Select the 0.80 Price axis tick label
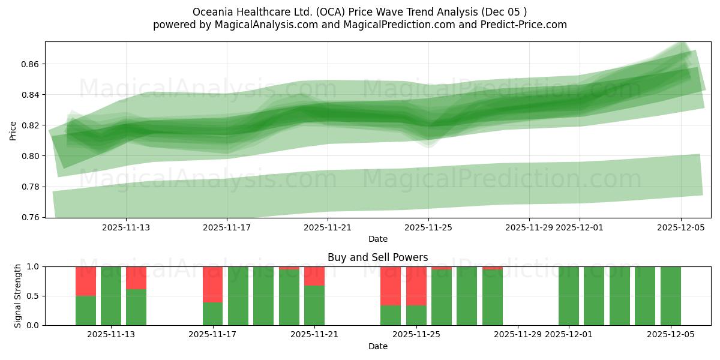click(x=30, y=156)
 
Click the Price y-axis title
click(x=13, y=130)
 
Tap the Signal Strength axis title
click(x=18, y=296)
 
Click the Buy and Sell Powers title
click(x=377, y=257)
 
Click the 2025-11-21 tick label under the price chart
click(x=328, y=227)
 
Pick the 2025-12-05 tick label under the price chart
click(x=680, y=227)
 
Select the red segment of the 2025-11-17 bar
click(x=213, y=284)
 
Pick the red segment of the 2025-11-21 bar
click(x=314, y=276)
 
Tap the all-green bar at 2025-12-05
click(x=670, y=296)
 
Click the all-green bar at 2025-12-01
click(x=569, y=296)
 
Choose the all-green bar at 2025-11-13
click(x=111, y=296)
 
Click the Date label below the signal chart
click(x=377, y=346)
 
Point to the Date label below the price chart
click(x=377, y=239)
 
